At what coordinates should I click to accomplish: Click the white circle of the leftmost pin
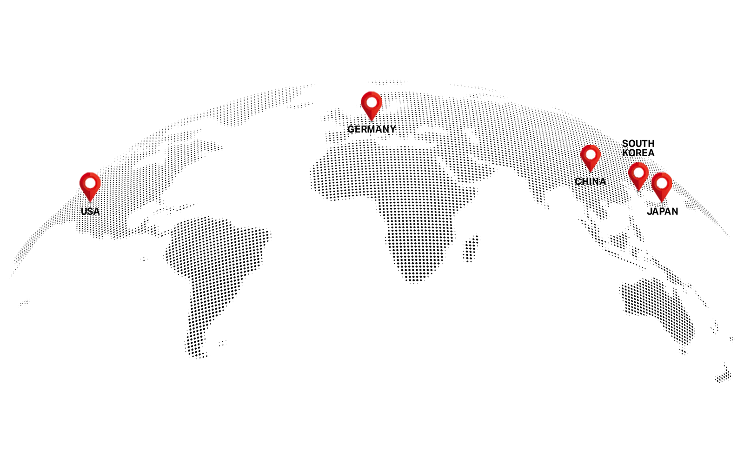(90, 183)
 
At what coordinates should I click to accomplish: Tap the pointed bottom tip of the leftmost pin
(90, 200)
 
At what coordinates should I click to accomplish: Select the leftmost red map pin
(90, 186)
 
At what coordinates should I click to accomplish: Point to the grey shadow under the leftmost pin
(90, 202)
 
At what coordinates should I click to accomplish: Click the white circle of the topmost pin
(372, 102)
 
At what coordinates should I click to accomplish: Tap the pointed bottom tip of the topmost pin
(371, 120)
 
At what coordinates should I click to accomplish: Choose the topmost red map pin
(371, 105)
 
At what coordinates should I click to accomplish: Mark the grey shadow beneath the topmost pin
(371, 121)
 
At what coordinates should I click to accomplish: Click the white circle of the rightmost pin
(662, 184)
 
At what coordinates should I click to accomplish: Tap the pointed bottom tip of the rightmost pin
(661, 201)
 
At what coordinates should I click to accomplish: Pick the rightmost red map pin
(661, 186)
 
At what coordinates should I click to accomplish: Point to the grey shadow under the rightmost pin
(661, 202)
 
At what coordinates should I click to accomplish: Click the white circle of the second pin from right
(639, 173)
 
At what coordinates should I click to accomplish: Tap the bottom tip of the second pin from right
(638, 189)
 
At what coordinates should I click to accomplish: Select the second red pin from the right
(638, 176)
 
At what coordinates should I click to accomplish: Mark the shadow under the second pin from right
(638, 191)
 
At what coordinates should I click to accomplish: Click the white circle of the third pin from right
(591, 154)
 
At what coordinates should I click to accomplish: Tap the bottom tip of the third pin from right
(591, 171)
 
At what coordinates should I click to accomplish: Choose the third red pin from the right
(591, 157)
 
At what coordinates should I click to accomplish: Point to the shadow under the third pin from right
(591, 173)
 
